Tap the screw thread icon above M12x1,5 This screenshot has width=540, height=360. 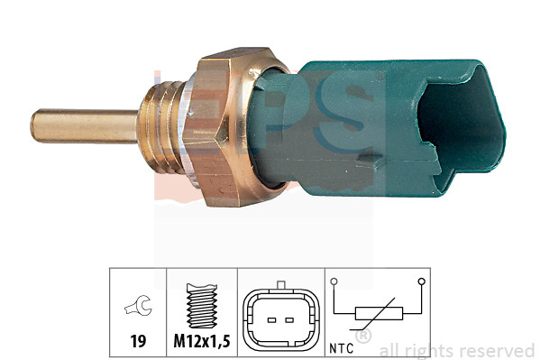201,308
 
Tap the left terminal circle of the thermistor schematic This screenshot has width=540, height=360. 334,282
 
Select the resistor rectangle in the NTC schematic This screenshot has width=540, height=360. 378,314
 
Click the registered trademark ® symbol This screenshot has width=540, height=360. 362,337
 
